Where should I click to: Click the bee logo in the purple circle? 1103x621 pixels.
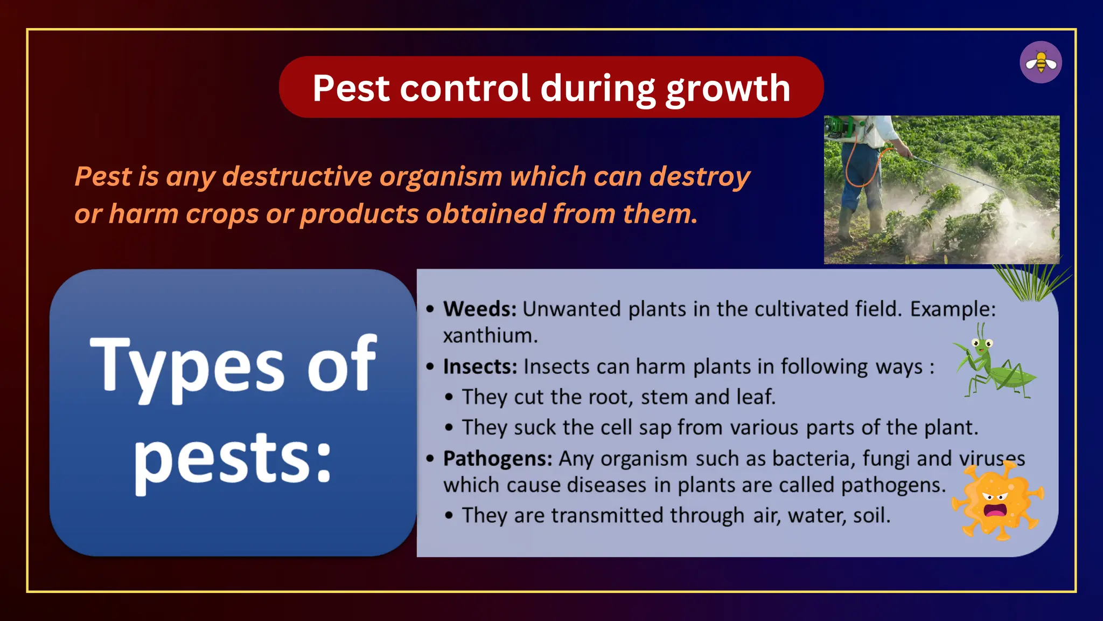click(x=1041, y=63)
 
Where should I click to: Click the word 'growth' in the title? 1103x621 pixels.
click(x=728, y=88)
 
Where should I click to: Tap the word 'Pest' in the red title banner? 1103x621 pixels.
click(x=351, y=88)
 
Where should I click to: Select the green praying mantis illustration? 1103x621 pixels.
click(x=994, y=364)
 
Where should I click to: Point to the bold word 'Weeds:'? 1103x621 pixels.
click(x=479, y=309)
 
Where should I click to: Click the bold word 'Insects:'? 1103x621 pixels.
click(x=480, y=367)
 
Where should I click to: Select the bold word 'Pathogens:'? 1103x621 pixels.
click(x=497, y=459)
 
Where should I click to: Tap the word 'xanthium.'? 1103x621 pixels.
click(x=490, y=336)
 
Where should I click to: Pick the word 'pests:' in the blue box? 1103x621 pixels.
click(x=233, y=459)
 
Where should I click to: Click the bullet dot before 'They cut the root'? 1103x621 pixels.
click(x=449, y=397)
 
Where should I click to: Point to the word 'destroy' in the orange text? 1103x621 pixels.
click(x=700, y=177)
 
